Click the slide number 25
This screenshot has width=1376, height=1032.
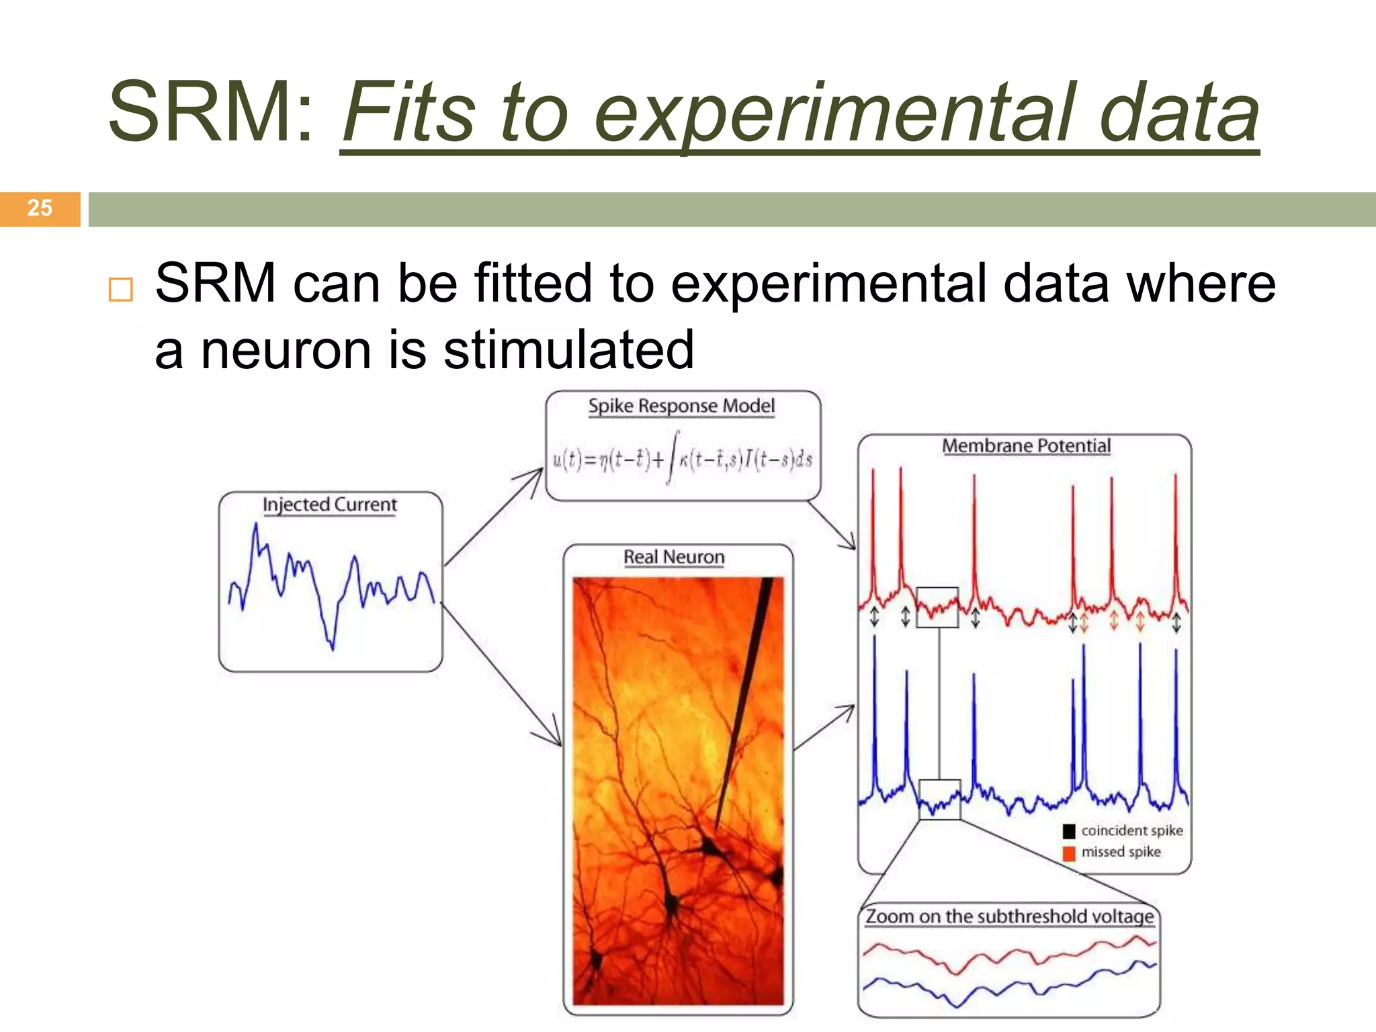coord(40,208)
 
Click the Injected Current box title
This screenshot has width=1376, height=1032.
coord(329,505)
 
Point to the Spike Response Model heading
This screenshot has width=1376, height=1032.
coord(681,406)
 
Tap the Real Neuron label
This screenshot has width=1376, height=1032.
coord(674,557)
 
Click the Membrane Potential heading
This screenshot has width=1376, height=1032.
coord(1026,446)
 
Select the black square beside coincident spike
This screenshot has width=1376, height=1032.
coord(1069,831)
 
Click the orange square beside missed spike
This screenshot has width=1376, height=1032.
coord(1069,853)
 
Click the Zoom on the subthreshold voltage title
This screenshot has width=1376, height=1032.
coord(1009,916)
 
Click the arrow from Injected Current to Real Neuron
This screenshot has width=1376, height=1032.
coord(503,675)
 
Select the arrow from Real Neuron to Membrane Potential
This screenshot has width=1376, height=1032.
coord(825,727)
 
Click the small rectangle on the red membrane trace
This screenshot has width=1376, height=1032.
coord(937,607)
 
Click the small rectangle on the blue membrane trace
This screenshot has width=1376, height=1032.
coord(939,800)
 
